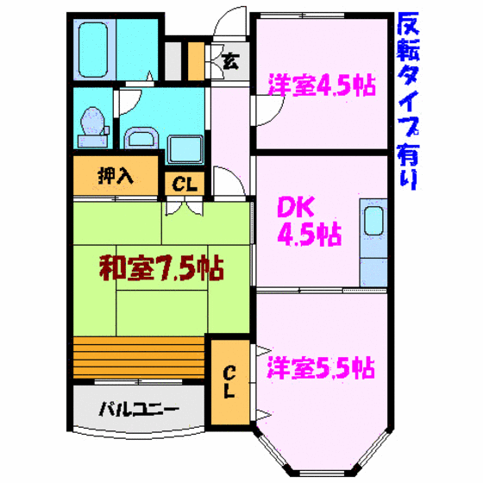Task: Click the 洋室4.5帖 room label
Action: click(323, 85)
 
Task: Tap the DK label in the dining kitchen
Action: click(296, 207)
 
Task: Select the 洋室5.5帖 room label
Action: click(321, 367)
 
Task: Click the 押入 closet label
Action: click(116, 176)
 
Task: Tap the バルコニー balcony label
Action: click(139, 409)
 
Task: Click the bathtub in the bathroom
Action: click(93, 49)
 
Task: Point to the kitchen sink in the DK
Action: click(373, 221)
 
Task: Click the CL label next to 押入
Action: click(185, 185)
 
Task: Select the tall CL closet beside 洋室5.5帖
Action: click(230, 382)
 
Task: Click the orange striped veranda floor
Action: click(139, 357)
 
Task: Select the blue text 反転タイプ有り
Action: click(408, 101)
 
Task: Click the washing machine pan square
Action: click(185, 149)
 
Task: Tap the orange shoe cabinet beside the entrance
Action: click(196, 61)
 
